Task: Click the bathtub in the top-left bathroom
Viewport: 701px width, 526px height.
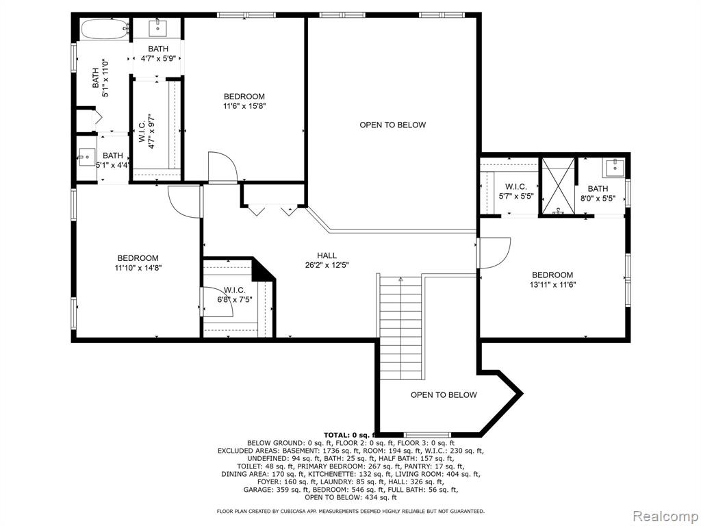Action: coord(104,29)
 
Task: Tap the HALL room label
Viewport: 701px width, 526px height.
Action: coord(327,255)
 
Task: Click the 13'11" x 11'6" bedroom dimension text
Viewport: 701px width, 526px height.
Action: coord(552,284)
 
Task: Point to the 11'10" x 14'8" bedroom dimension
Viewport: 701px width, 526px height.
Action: coord(138,268)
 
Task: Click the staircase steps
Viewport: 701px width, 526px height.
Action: coord(400,328)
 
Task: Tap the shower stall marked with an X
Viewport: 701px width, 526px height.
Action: coord(557,186)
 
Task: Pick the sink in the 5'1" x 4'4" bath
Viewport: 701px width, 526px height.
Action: coord(87,157)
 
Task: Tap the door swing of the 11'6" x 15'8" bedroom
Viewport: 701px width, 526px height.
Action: coord(222,167)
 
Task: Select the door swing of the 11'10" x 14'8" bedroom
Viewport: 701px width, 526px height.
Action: coord(185,202)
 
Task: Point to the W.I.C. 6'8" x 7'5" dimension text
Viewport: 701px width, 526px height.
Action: coord(235,299)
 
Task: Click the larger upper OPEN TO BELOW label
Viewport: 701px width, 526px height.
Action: coord(392,125)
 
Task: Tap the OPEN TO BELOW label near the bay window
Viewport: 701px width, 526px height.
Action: coord(444,394)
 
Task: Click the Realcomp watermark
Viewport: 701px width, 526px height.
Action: coord(665,516)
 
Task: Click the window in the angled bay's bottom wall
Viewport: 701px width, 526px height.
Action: coord(427,434)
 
